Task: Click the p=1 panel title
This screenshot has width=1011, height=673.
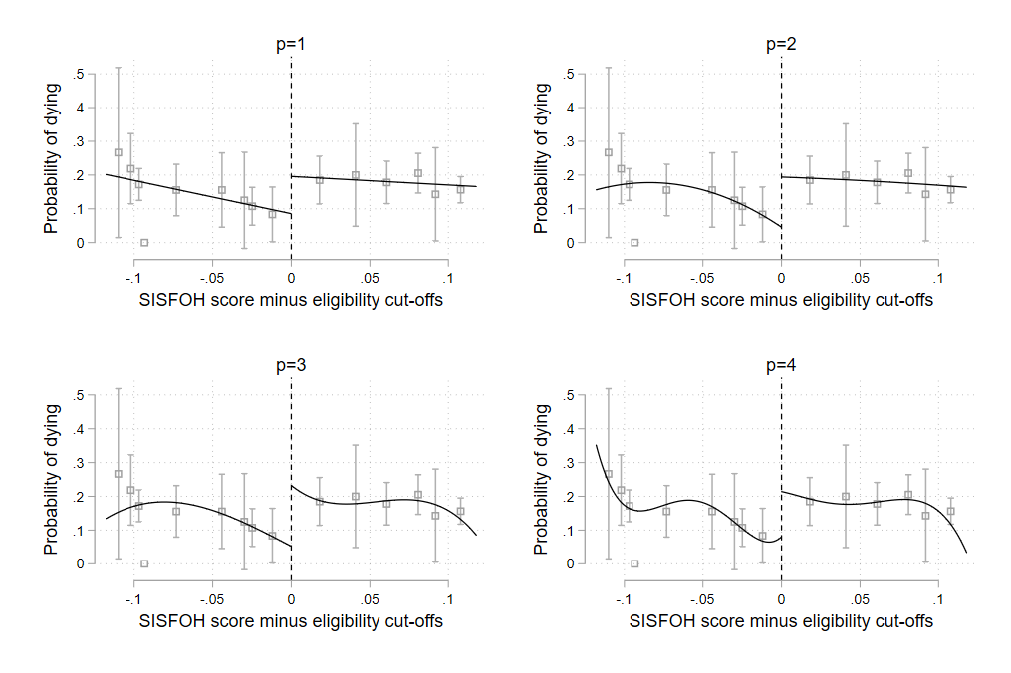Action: point(290,44)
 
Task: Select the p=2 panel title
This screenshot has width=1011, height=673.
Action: point(780,44)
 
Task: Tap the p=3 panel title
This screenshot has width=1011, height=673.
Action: point(290,365)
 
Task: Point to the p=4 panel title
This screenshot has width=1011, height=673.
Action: point(780,365)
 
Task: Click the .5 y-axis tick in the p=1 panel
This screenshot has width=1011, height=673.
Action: point(77,75)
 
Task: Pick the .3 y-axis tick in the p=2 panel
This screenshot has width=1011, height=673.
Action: point(567,141)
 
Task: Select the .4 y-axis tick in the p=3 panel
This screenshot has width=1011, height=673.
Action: point(77,429)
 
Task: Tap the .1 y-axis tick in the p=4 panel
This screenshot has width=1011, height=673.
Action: point(567,530)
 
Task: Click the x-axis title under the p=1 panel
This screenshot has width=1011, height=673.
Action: point(291,300)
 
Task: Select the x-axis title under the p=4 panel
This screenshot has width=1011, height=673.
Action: point(781,621)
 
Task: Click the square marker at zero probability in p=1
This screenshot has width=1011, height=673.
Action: point(144,242)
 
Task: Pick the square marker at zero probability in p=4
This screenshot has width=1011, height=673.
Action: point(634,563)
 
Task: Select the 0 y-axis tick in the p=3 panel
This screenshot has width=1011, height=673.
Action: point(81,563)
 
